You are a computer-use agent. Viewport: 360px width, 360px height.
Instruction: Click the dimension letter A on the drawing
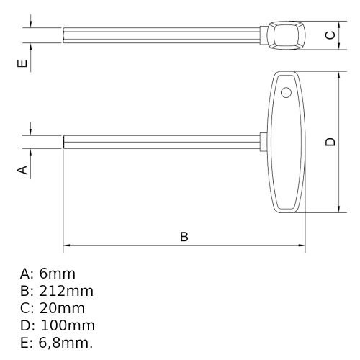coord(22,169)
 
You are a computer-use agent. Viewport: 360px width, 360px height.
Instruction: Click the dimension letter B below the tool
coord(184,236)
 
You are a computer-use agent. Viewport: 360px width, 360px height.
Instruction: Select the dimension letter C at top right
coord(330,35)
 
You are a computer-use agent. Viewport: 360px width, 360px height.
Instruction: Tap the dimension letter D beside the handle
coord(330,142)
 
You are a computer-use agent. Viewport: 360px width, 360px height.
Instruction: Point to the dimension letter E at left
coord(22,64)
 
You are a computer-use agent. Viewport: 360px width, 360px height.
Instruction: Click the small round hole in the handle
coord(286,92)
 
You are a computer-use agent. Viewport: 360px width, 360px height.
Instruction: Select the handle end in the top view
coord(286,35)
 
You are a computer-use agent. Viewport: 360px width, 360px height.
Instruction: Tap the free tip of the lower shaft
coord(66,142)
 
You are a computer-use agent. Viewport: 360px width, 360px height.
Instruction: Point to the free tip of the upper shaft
coord(66,35)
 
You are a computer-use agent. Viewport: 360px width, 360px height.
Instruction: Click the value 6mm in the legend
coord(57,274)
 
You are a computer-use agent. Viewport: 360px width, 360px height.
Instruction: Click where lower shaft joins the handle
coord(262,142)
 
